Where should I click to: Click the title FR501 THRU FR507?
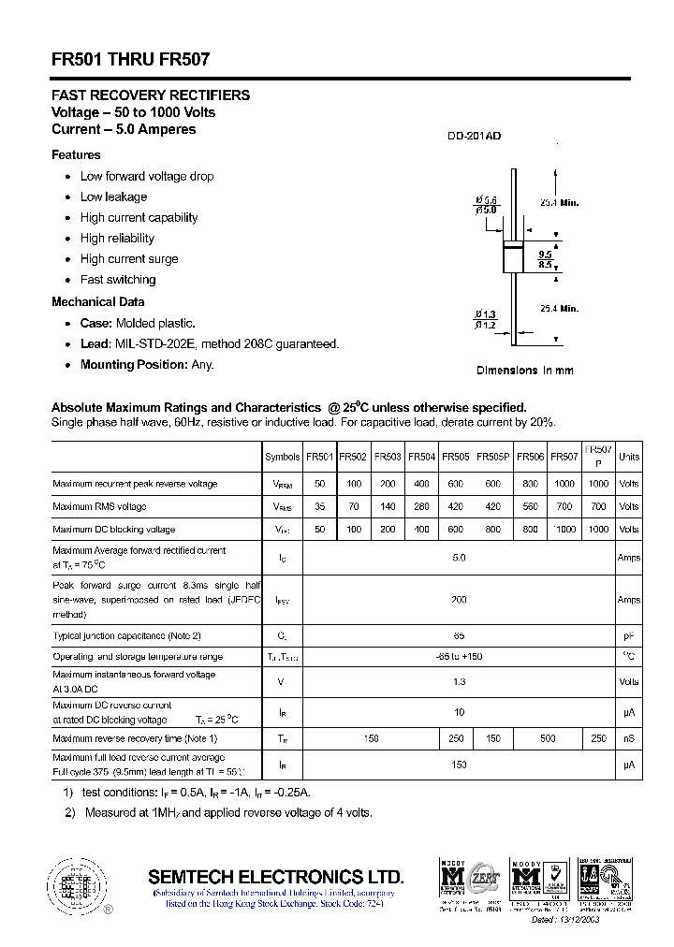[130, 59]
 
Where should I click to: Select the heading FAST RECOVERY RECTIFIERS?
[150, 95]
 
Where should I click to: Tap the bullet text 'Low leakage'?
[113, 197]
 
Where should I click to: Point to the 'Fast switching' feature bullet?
[118, 279]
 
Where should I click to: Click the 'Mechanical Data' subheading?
[97, 301]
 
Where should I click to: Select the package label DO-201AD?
[474, 137]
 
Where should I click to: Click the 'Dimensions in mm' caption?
[524, 370]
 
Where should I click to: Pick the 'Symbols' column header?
[283, 457]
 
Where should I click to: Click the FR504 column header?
[422, 457]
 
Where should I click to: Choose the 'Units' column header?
[629, 457]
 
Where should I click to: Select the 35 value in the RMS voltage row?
[320, 506]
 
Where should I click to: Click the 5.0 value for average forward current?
[459, 558]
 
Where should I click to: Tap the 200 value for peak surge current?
[459, 600]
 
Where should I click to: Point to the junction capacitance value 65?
[459, 635]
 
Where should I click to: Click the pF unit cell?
[629, 635]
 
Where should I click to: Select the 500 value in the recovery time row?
[548, 738]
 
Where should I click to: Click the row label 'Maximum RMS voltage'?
[100, 506]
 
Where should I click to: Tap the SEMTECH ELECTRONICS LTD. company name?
[276, 877]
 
